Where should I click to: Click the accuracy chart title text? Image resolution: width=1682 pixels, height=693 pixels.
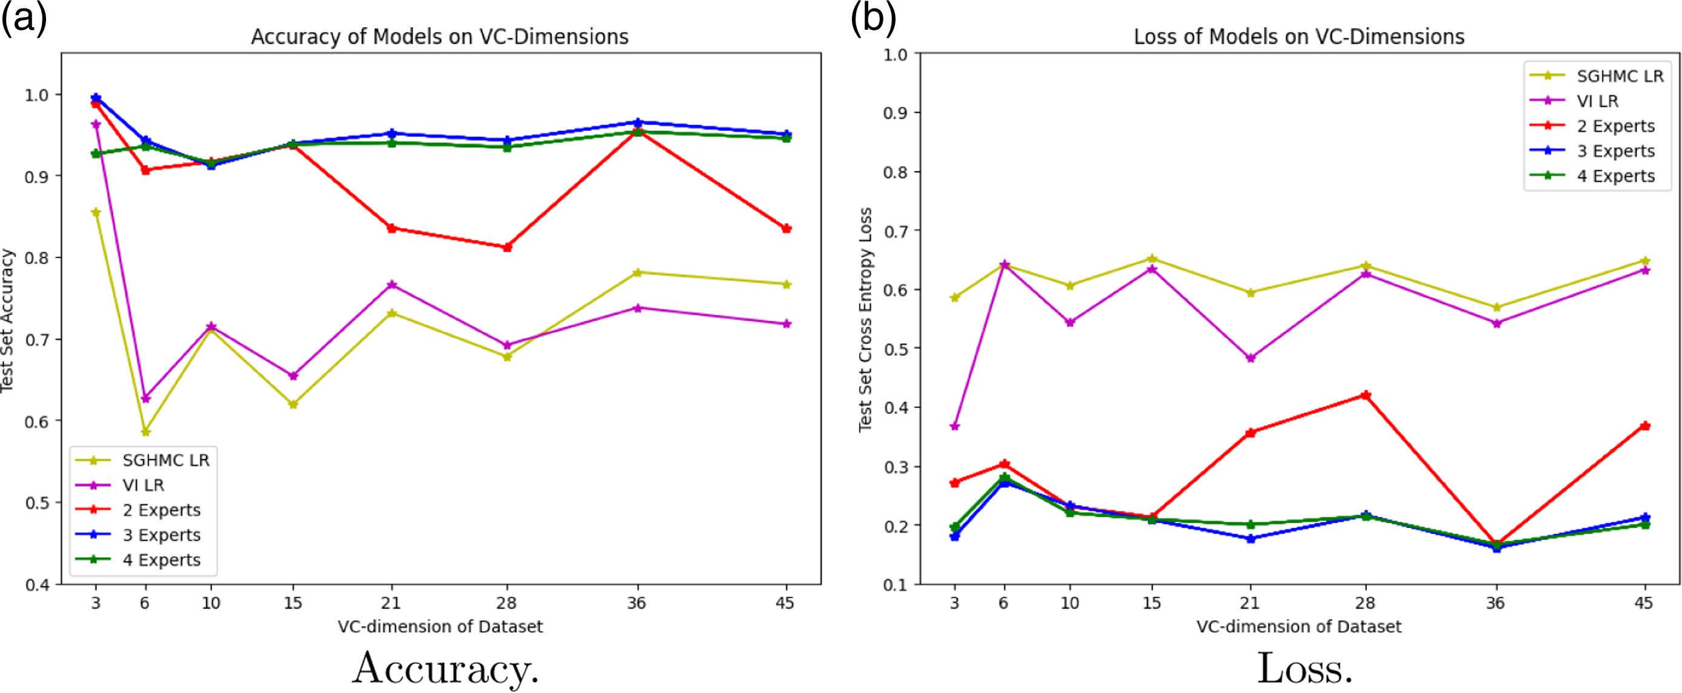point(439,36)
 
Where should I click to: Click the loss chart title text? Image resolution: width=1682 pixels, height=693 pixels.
point(1298,36)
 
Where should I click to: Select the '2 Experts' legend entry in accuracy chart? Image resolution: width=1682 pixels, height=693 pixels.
point(161,510)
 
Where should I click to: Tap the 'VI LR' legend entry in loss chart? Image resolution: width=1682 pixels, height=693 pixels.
point(1597,101)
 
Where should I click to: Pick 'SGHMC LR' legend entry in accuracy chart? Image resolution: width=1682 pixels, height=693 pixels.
point(165,460)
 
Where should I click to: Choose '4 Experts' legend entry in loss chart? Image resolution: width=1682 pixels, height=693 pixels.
point(1615,176)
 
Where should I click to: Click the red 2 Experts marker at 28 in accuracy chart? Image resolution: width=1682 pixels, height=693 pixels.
point(507,247)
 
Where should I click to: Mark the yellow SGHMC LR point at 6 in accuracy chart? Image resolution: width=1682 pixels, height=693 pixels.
point(145,432)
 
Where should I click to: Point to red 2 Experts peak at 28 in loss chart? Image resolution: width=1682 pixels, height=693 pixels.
point(1365,395)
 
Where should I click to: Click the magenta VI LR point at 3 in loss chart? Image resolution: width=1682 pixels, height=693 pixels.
point(955,426)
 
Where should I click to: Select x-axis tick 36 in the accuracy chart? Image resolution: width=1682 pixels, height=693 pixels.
point(637,602)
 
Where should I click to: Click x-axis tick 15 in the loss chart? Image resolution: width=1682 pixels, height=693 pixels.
point(1152,602)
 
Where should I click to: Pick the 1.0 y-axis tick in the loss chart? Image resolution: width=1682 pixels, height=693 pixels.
point(896,54)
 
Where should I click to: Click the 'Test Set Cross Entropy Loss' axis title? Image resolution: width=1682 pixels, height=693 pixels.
point(865,320)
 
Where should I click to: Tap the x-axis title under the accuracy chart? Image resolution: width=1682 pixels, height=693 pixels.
point(440,627)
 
